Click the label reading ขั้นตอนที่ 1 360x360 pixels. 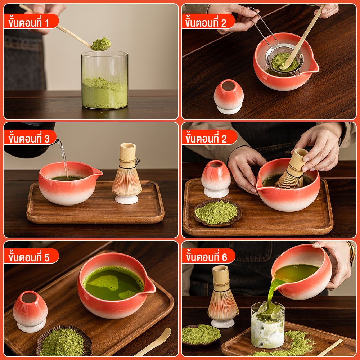29,23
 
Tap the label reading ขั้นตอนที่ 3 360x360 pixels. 29,139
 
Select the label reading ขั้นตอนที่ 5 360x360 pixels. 29,257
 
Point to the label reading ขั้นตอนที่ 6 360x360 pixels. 206,257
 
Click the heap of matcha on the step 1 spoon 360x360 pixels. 101,44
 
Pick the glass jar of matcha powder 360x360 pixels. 105,80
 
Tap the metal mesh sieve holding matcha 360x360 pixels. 284,60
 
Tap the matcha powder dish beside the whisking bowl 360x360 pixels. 217,213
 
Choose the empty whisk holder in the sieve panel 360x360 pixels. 229,96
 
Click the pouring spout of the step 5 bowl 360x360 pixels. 149,285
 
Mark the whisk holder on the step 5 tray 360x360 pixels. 30,311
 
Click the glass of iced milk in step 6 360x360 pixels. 267,324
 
